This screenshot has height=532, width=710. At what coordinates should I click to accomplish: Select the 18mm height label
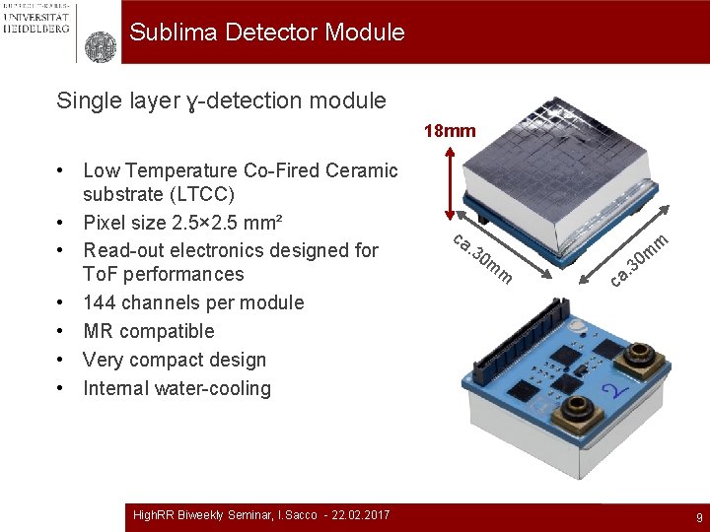click(x=450, y=131)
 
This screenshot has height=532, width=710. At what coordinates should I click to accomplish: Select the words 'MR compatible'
click(x=148, y=331)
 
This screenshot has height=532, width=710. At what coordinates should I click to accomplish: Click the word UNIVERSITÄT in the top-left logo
click(x=35, y=17)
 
